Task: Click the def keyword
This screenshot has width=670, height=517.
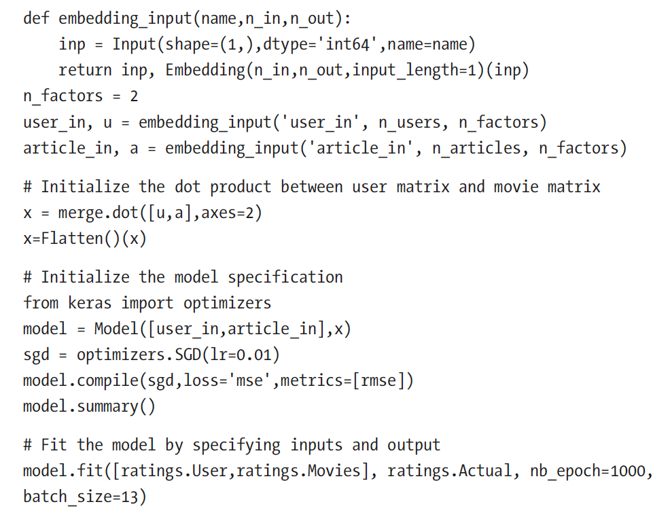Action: point(36,18)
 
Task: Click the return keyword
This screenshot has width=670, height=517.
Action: point(85,69)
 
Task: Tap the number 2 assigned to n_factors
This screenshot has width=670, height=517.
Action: point(134,96)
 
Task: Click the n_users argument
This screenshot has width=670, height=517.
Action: point(409,122)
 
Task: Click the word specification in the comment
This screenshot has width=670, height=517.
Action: point(285,277)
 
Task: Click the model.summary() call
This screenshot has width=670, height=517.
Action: point(89,406)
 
